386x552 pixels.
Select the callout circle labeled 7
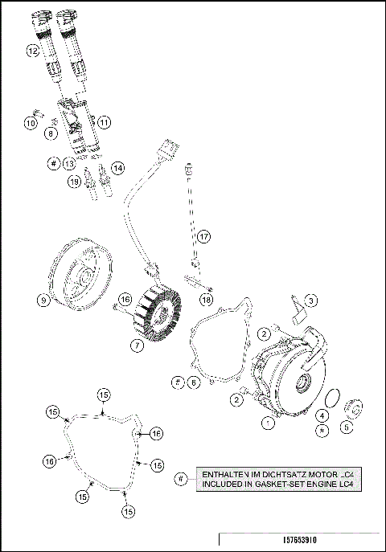(x=138, y=345)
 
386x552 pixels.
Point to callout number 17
(x=204, y=237)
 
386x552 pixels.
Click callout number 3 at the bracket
(x=311, y=300)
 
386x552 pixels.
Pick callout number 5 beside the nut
(x=347, y=428)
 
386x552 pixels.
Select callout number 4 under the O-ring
(x=321, y=415)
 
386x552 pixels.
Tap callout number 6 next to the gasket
(x=193, y=383)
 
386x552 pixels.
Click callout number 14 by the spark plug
(x=118, y=168)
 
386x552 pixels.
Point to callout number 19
(x=74, y=182)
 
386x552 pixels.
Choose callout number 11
(x=105, y=122)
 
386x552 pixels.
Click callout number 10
(x=30, y=123)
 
